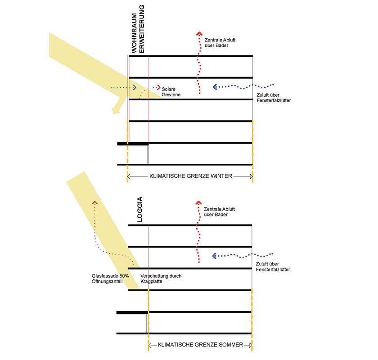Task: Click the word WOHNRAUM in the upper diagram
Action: click(x=134, y=33)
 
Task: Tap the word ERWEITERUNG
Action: click(x=141, y=29)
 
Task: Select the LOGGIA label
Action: click(x=140, y=209)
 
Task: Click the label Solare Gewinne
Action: click(x=171, y=92)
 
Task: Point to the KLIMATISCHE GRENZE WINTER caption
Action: click(x=191, y=176)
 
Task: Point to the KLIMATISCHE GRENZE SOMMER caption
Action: click(x=200, y=345)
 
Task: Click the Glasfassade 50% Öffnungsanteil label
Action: click(x=110, y=279)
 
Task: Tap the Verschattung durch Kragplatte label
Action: click(x=161, y=279)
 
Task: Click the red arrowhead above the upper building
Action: click(x=199, y=33)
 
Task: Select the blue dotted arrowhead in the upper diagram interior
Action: click(x=215, y=87)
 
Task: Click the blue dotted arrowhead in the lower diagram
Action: click(x=214, y=256)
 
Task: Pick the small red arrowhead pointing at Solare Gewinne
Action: click(x=158, y=87)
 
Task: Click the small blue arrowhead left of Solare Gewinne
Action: click(x=135, y=87)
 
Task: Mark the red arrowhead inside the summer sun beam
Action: click(x=95, y=202)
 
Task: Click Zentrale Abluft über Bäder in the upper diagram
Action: click(x=220, y=43)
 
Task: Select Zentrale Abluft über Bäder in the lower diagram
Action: click(x=219, y=211)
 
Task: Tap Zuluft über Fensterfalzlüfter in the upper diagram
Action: click(x=274, y=98)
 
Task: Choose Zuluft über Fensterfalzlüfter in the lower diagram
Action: click(x=273, y=267)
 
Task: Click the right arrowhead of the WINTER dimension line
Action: click(x=251, y=176)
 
